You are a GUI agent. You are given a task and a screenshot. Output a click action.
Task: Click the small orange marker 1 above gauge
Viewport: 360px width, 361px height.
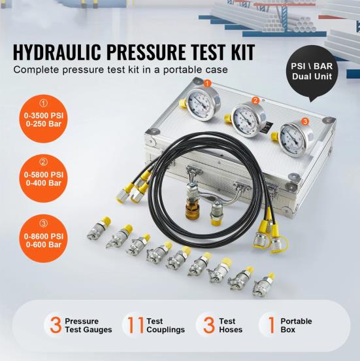207,83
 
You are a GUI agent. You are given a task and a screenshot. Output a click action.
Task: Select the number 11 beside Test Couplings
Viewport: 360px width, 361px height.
136,325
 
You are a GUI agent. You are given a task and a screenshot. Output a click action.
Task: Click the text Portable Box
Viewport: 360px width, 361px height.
296,325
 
